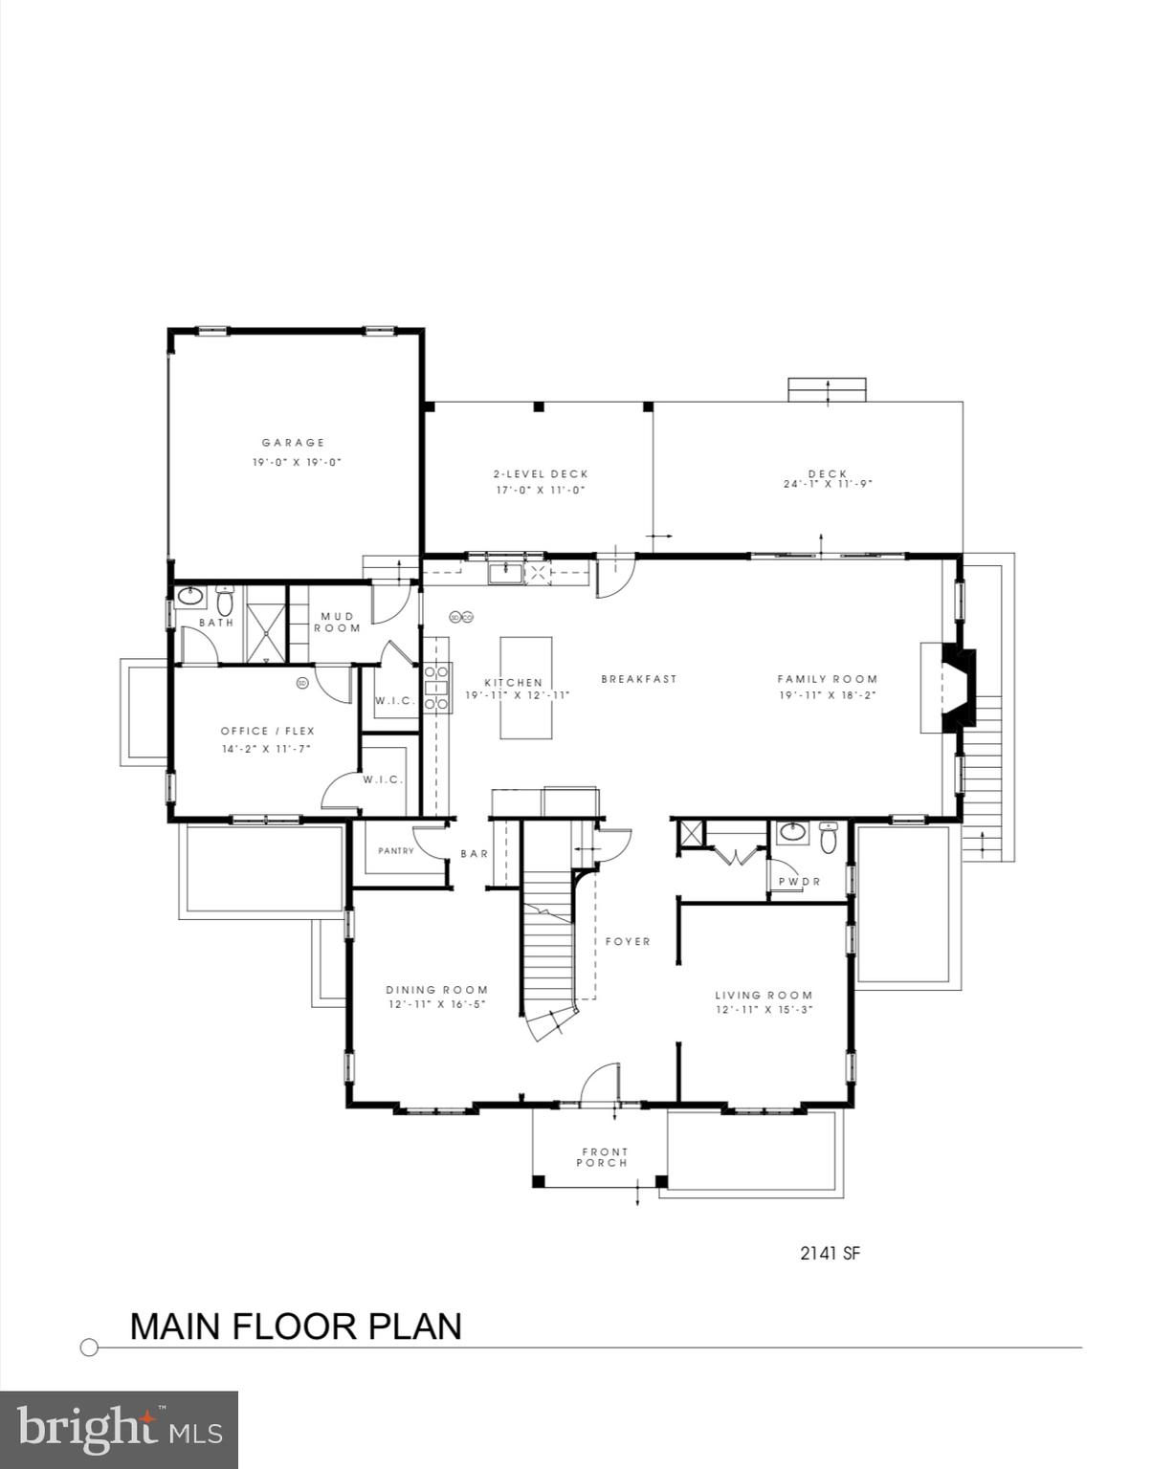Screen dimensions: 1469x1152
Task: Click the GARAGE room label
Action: click(x=294, y=443)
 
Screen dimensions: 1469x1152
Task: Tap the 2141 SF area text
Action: click(x=830, y=1253)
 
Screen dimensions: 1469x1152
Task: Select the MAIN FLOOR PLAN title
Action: click(x=296, y=1326)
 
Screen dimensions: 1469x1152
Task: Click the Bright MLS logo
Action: click(x=119, y=1430)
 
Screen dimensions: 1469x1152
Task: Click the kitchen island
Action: click(x=525, y=688)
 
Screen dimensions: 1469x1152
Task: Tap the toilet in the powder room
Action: click(x=829, y=839)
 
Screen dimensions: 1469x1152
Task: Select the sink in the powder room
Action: click(x=792, y=832)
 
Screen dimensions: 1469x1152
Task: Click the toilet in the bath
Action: click(x=225, y=602)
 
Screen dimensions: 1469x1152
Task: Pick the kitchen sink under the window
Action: click(x=503, y=573)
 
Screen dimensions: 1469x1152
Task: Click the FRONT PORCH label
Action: click(x=605, y=1157)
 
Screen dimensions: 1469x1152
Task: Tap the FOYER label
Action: click(x=628, y=942)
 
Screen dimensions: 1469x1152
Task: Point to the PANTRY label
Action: click(x=396, y=851)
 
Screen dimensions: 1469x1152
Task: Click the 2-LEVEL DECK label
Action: click(x=541, y=474)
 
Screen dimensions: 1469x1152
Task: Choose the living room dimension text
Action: click(x=764, y=1010)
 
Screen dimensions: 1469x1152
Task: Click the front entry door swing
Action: click(x=601, y=1083)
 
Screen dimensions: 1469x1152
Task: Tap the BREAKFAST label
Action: click(x=638, y=679)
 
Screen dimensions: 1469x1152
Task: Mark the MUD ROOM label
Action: click(x=338, y=623)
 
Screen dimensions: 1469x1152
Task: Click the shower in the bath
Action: click(x=266, y=623)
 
